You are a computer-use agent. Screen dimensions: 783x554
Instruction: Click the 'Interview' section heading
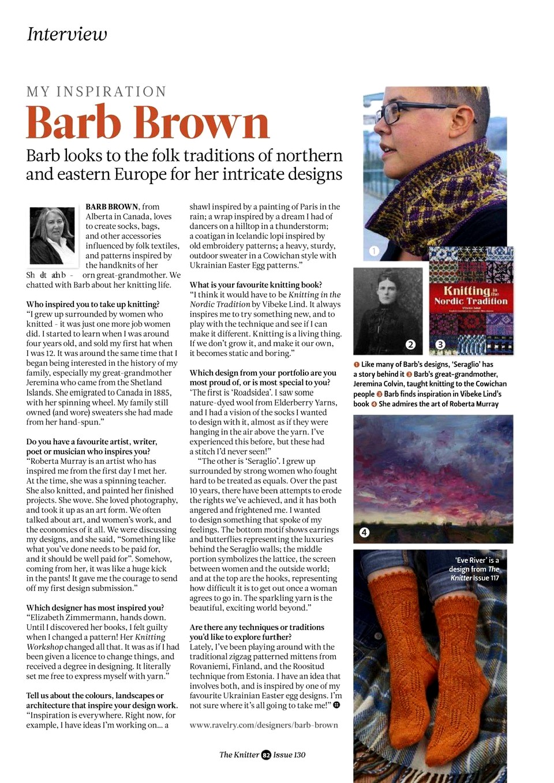click(67, 35)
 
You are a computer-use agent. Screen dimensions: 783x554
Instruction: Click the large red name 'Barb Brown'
click(148, 122)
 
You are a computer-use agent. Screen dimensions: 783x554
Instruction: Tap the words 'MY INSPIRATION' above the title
click(96, 92)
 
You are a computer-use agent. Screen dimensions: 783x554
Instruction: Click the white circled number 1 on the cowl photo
click(374, 251)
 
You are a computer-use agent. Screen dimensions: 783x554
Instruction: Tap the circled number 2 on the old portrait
click(410, 344)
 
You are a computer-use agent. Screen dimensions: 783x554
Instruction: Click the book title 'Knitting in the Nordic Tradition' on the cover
click(470, 295)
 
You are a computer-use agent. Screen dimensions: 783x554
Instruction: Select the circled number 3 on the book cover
click(440, 344)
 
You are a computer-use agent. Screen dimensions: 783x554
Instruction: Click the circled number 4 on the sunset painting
click(364, 532)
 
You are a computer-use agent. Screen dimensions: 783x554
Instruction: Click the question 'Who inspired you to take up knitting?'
click(93, 304)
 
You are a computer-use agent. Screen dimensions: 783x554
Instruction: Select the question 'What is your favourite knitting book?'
click(256, 284)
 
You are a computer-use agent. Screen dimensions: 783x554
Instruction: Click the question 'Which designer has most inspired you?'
click(95, 608)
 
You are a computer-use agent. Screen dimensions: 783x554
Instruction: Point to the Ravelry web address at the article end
click(264, 725)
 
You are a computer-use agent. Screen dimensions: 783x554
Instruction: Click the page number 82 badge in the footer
click(266, 755)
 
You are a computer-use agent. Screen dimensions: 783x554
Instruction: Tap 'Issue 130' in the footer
click(289, 755)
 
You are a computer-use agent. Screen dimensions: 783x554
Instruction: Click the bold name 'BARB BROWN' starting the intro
click(112, 207)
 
